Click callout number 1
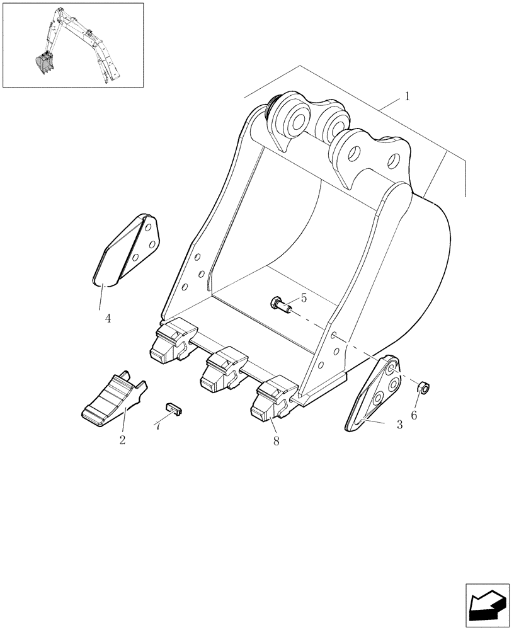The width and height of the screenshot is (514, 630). click(x=408, y=97)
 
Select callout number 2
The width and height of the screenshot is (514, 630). click(x=122, y=440)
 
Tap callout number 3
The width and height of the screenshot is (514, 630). click(x=399, y=425)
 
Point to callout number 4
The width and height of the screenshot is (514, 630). click(x=108, y=319)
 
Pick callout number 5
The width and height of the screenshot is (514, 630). click(x=304, y=298)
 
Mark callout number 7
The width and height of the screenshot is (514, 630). click(x=157, y=427)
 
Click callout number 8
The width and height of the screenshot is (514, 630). click(x=276, y=442)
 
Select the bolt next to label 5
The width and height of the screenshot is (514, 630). click(x=281, y=306)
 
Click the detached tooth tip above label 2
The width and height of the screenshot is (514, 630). click(x=113, y=395)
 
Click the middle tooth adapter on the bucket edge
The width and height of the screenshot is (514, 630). click(x=222, y=368)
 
